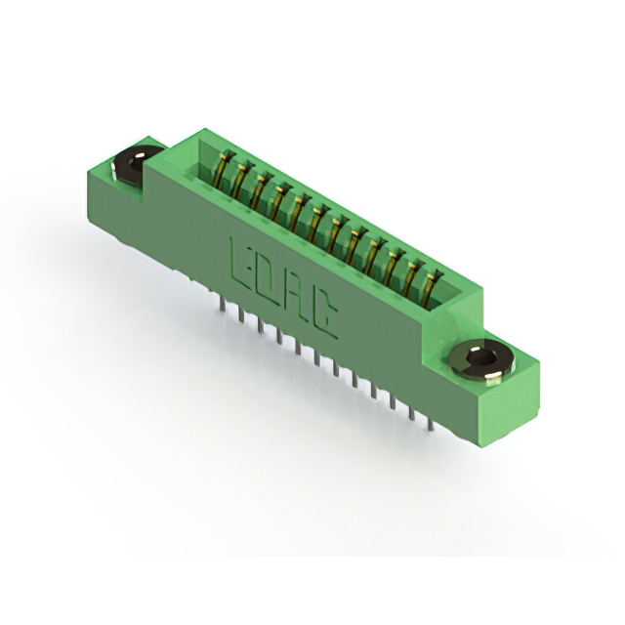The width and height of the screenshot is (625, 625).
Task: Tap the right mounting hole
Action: pos(480,359)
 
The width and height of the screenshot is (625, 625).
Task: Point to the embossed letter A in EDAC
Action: pos(295,296)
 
